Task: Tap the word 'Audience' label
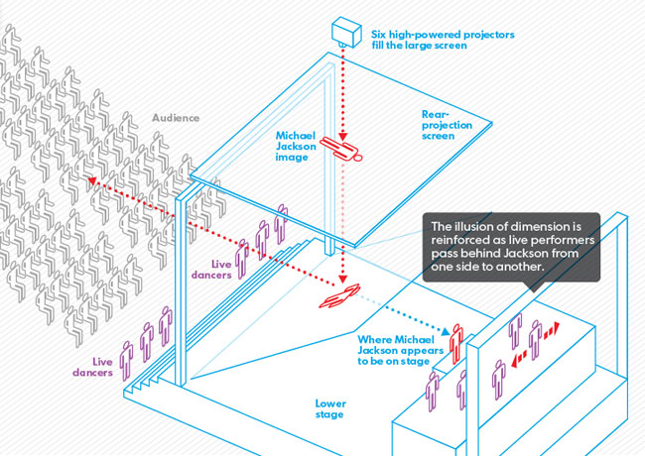tap(176, 117)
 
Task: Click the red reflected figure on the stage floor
tap(341, 294)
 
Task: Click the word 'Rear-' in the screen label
tap(435, 114)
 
